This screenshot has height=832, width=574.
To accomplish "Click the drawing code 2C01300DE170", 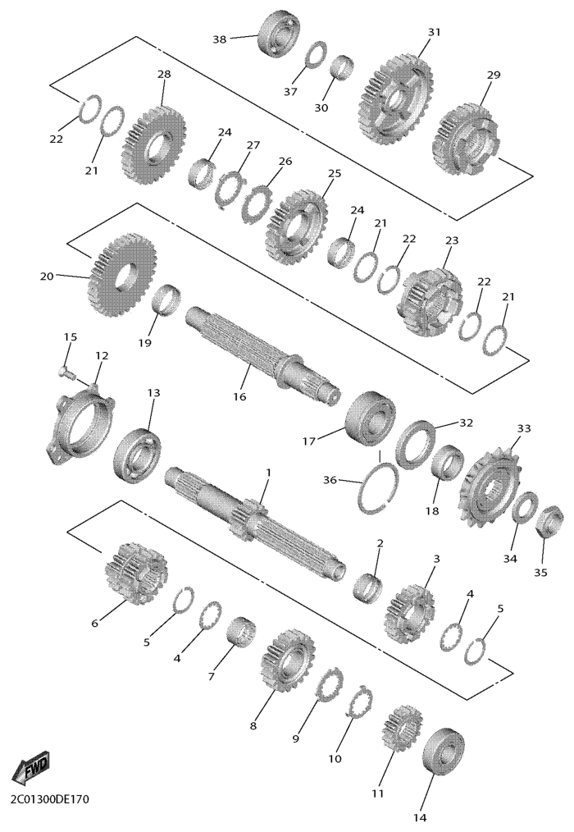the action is click(49, 798).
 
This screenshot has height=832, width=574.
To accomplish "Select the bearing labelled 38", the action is click(280, 34).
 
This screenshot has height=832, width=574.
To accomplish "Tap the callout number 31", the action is click(435, 32).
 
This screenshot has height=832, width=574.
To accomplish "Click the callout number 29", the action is click(494, 75).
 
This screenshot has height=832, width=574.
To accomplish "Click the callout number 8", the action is click(253, 725).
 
